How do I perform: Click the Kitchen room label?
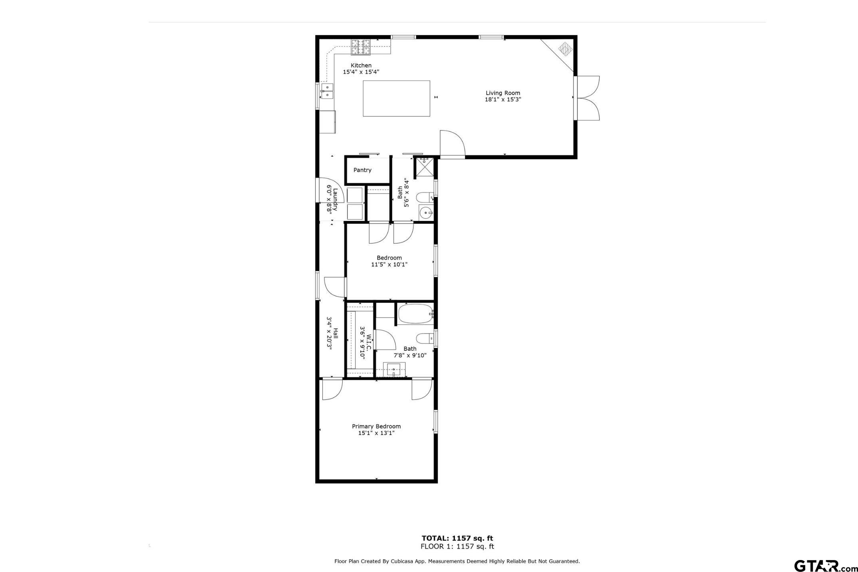pos(361,66)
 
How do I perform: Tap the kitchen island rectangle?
pos(396,98)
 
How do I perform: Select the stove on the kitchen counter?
pos(361,47)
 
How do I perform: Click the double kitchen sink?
pos(327,91)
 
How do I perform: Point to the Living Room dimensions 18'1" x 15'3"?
pos(503,99)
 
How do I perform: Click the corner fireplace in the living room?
pos(565,49)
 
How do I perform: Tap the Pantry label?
pos(362,170)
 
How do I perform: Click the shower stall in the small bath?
pos(424,167)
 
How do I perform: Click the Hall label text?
pos(336,333)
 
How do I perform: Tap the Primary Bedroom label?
pos(376,426)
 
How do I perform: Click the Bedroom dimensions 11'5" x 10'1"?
pos(389,264)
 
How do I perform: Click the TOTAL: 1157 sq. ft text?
pos(457,538)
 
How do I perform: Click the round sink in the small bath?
pos(426,213)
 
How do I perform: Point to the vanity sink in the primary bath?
pos(394,368)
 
